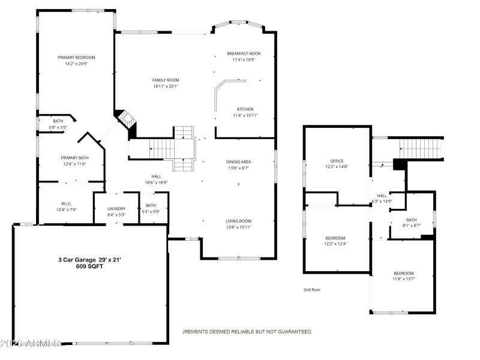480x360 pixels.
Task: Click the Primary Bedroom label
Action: tap(76, 58)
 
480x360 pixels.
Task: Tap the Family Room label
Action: tap(166, 80)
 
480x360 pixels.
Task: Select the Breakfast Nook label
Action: tap(244, 53)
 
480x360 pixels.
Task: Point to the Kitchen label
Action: tap(245, 109)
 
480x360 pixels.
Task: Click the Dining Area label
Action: tap(238, 162)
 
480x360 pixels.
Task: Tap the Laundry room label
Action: tap(116, 209)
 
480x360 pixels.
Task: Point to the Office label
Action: tap(337, 161)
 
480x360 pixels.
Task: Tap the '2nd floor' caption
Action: tap(311, 290)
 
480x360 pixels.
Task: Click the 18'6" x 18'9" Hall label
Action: tap(156, 176)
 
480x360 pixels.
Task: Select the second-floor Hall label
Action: tap(382, 196)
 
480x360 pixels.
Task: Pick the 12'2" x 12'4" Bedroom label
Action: tap(335, 238)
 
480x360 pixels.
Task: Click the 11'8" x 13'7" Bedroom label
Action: tap(403, 273)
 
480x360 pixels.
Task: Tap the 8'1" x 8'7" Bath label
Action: tap(411, 220)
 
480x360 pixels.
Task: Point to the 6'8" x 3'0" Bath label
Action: tap(58, 121)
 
